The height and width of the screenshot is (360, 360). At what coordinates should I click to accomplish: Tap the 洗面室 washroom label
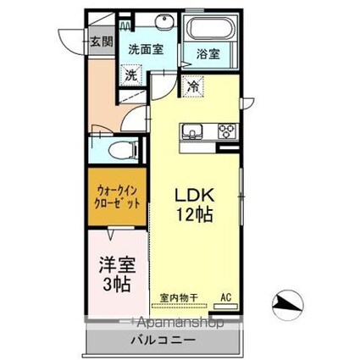pyautogui.click(x=146, y=49)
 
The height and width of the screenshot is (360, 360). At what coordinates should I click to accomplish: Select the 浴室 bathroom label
pyautogui.click(x=208, y=53)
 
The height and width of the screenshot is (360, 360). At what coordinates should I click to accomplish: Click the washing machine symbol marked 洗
pyautogui.click(x=131, y=74)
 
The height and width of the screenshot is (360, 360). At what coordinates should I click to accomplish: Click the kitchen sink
pyautogui.click(x=190, y=131)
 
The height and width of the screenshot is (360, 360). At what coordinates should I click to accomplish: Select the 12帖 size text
pyautogui.click(x=194, y=215)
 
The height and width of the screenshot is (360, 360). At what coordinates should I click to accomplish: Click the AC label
pyautogui.click(x=225, y=297)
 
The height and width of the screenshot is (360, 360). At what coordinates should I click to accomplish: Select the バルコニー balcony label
pyautogui.click(x=163, y=340)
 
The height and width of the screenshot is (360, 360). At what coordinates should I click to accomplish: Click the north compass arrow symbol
pyautogui.click(x=287, y=301)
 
